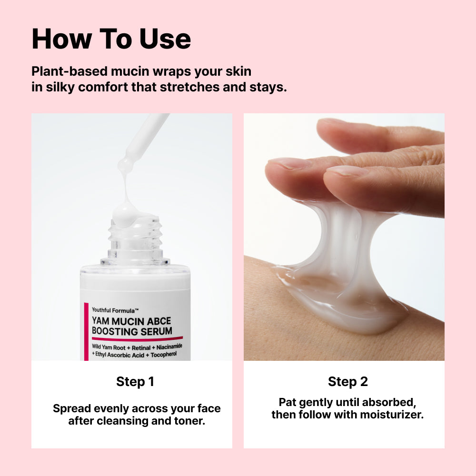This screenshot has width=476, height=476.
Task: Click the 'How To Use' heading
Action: coord(111,39)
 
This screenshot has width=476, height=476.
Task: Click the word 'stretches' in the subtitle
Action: coord(189,87)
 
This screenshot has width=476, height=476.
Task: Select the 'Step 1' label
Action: coord(135,382)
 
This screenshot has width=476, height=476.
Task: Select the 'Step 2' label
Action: coord(348,382)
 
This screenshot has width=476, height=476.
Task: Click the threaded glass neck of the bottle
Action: coord(136,240)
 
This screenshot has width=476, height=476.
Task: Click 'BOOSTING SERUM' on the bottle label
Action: coord(132,331)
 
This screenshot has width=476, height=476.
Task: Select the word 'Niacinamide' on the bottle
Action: coord(169,347)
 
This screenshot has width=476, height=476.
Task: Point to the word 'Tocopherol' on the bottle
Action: coord(164,355)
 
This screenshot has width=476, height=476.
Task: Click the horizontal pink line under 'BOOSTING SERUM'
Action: coord(137,338)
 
